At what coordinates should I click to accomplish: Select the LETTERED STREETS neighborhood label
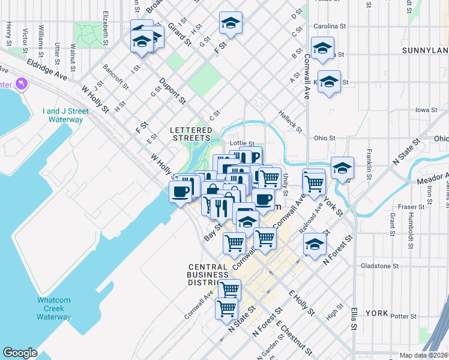pos(191,134)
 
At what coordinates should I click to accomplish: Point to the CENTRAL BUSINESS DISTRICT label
pos(207,275)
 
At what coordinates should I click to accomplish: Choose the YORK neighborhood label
pos(377,313)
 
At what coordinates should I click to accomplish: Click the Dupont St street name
pos(172,91)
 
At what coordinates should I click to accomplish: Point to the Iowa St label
pos(425,110)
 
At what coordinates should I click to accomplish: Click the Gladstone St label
pos(379,266)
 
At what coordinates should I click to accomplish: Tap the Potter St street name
pos(403,316)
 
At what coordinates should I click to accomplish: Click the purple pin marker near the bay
pos(23,82)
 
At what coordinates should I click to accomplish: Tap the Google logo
pos(20,353)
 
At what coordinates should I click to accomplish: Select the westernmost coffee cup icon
pos(181,192)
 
